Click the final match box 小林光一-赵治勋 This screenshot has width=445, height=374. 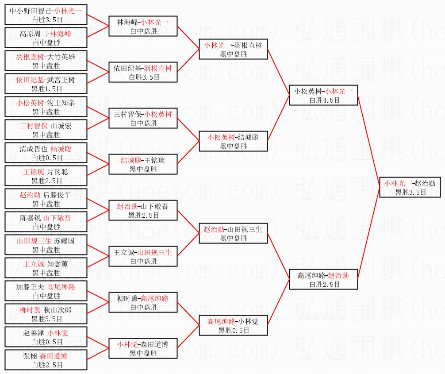[x=410, y=187]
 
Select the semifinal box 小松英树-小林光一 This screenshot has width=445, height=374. [x=323, y=95]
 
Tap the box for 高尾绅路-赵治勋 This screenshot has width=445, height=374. [x=323, y=279]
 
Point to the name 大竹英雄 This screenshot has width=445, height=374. [x=61, y=57]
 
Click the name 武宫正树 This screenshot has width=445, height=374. [x=61, y=80]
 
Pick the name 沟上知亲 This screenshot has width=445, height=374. [x=61, y=103]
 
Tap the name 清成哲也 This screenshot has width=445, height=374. [x=34, y=149]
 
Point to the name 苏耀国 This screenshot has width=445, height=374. [x=65, y=241]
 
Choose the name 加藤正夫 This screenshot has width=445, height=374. [x=30, y=287]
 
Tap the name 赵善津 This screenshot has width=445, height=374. [x=34, y=333]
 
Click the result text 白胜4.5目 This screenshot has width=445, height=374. [x=324, y=100]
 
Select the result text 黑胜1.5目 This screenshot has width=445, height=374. [x=46, y=89]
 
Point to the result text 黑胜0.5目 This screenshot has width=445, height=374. [x=234, y=330]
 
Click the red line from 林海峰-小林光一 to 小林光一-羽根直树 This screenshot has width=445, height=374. [x=188, y=38]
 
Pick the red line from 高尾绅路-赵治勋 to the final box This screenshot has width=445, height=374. [x=368, y=233]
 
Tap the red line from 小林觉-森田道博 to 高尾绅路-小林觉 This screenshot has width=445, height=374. [x=188, y=337]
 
